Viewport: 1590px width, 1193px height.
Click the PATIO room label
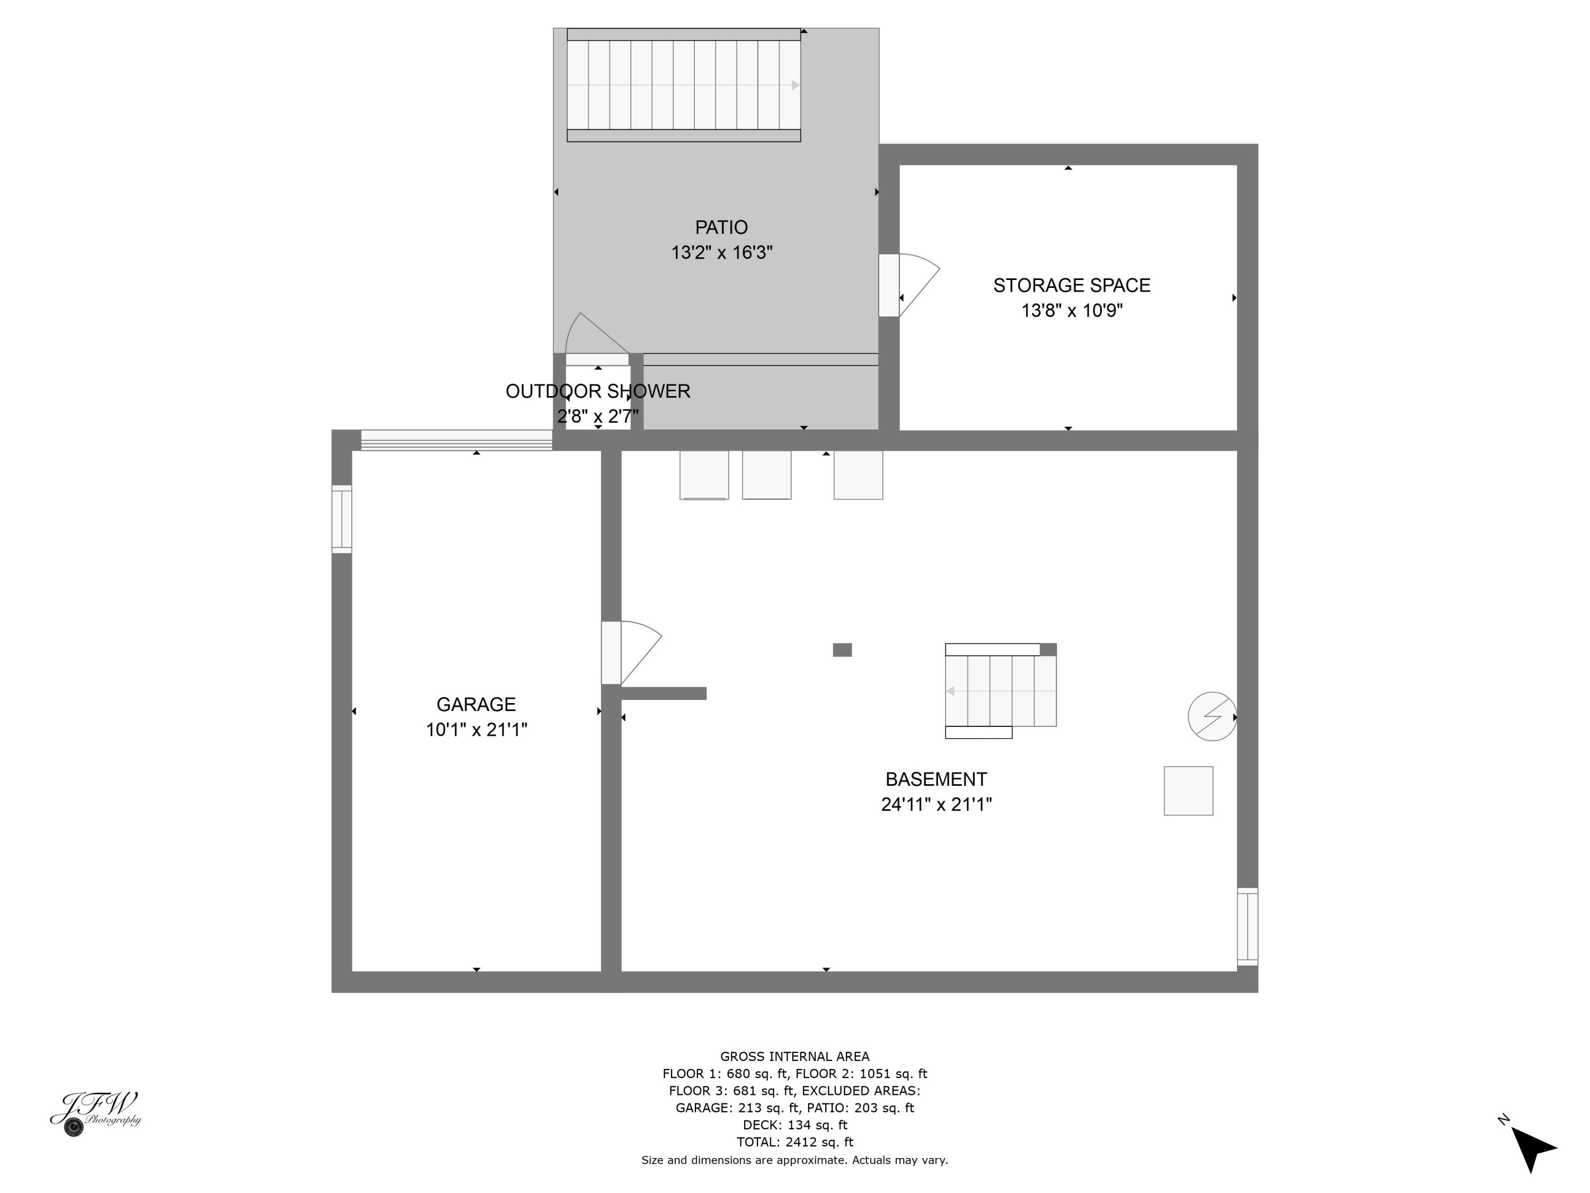click(x=721, y=227)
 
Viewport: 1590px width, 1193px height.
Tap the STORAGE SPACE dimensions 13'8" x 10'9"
click(x=1071, y=311)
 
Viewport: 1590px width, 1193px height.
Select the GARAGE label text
click(x=476, y=704)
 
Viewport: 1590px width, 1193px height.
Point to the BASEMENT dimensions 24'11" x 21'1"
click(x=936, y=804)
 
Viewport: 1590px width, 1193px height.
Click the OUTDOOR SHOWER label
click(x=597, y=391)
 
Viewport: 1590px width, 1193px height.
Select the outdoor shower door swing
click(x=593, y=337)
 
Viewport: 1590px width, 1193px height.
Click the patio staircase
click(x=683, y=85)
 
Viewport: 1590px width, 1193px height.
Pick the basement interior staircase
click(x=1000, y=690)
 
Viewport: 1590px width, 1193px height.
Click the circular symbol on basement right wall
click(x=1212, y=716)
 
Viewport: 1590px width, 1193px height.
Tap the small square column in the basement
click(x=842, y=650)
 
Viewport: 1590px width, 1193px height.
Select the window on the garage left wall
click(x=341, y=519)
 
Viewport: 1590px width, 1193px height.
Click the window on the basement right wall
click(x=1247, y=926)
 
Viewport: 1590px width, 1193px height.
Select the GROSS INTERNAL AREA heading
click(x=794, y=1056)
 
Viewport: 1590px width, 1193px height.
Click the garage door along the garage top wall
click(x=456, y=440)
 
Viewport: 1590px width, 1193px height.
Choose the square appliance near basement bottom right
click(x=1188, y=791)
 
